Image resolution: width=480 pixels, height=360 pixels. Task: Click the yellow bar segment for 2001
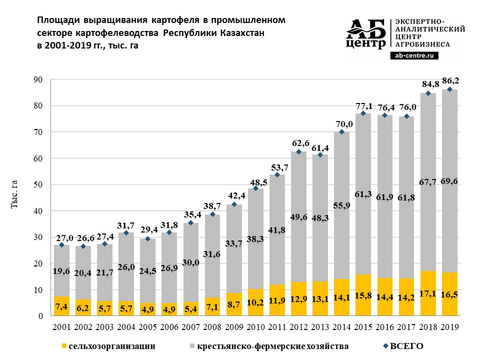click(61, 306)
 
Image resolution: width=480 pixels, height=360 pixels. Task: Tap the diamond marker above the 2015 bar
click(363, 113)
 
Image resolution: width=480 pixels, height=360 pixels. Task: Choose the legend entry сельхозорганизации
click(107, 346)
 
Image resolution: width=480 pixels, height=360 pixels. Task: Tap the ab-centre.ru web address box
click(413, 57)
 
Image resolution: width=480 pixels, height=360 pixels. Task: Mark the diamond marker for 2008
click(212, 214)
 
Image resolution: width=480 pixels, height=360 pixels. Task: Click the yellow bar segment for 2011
click(277, 300)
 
